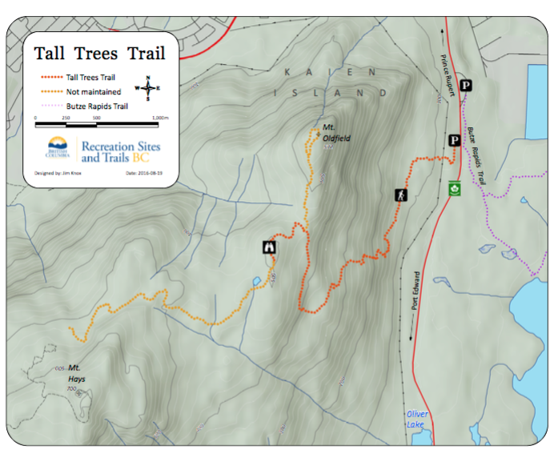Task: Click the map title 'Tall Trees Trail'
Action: (x=100, y=54)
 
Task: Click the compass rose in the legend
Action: (x=148, y=87)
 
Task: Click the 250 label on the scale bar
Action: (x=66, y=119)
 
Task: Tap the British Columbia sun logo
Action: (x=57, y=147)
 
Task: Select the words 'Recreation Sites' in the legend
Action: (x=120, y=146)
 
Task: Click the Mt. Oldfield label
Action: (x=336, y=133)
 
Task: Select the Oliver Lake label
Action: (x=416, y=419)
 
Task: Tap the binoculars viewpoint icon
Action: (x=269, y=247)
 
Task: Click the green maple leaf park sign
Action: (x=455, y=190)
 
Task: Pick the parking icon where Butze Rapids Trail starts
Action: (x=466, y=86)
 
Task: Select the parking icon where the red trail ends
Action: (x=453, y=141)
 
